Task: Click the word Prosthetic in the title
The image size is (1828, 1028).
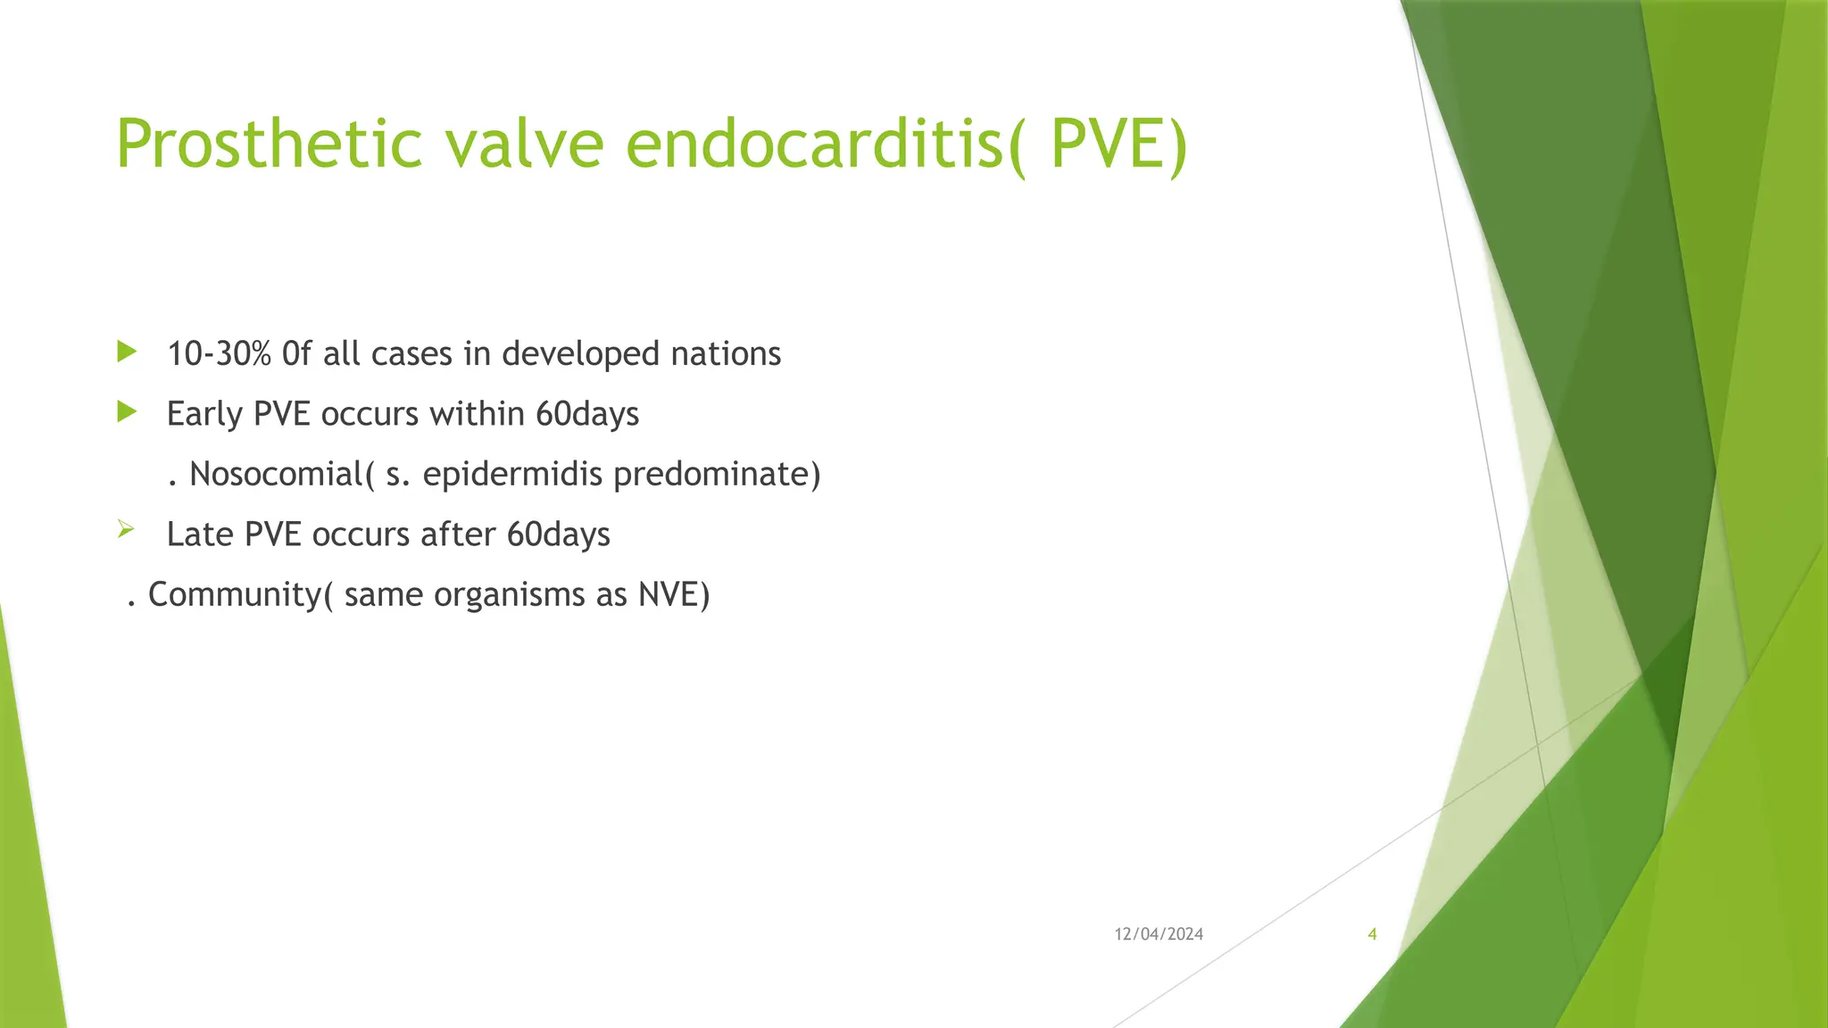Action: (268, 145)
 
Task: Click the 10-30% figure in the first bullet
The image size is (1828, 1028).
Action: (219, 354)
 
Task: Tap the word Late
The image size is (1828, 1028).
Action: (200, 535)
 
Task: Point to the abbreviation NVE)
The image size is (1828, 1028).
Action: (674, 594)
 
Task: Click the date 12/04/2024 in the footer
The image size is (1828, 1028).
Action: (1159, 934)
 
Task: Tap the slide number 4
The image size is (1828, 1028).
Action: (1372, 934)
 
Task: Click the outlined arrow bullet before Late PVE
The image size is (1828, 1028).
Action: (126, 531)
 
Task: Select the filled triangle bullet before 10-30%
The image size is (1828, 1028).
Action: (126, 352)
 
